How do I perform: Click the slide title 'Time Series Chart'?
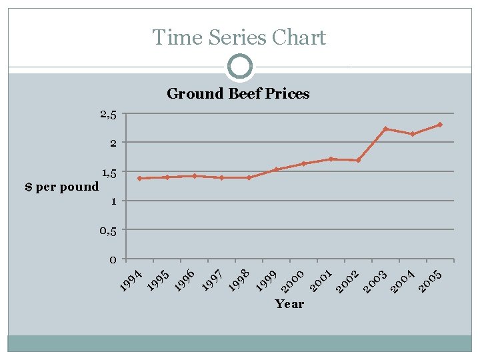239,37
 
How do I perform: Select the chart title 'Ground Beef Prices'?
238,93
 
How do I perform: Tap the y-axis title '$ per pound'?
61,187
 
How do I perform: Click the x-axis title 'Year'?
289,304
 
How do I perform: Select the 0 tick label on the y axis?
113,259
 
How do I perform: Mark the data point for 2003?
385,129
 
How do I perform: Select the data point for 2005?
440,125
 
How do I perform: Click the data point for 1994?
139,178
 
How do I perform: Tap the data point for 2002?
358,160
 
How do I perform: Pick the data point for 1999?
276,169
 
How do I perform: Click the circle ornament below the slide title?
239,67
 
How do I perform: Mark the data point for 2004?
413,134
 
